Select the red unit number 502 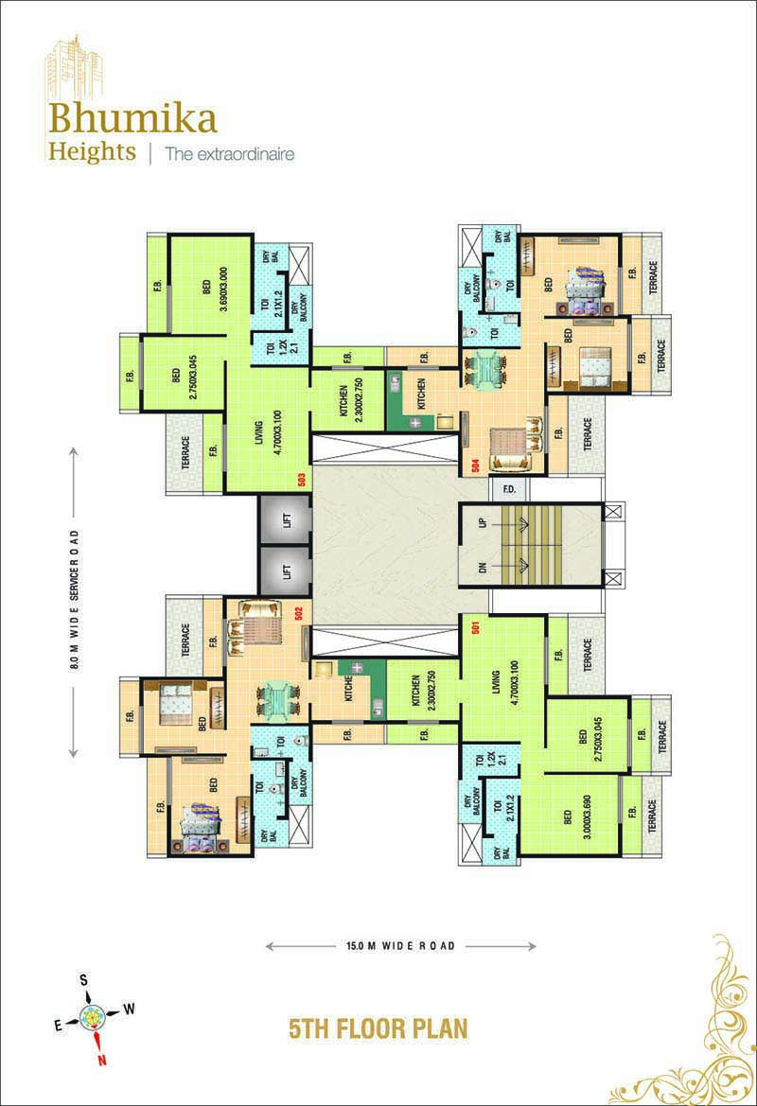[298, 612]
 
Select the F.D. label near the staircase [508, 490]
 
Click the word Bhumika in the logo [133, 119]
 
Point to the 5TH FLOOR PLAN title [378, 1027]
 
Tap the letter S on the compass [84, 979]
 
